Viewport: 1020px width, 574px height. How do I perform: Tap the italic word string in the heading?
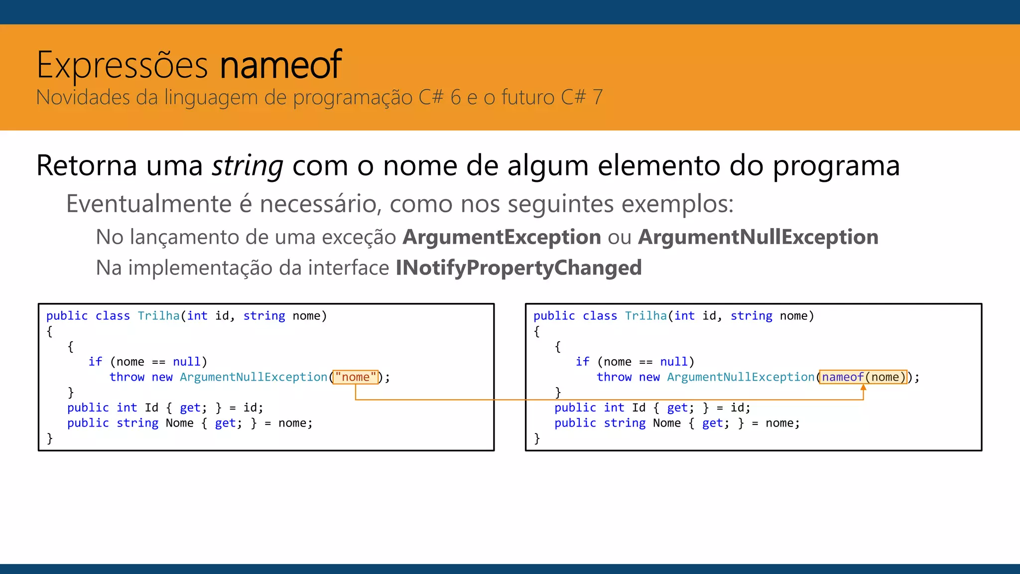[x=248, y=166]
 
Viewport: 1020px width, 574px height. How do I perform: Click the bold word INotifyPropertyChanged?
[x=518, y=268]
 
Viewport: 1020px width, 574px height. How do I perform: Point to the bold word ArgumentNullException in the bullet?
[x=758, y=237]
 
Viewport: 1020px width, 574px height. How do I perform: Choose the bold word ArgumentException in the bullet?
[x=502, y=237]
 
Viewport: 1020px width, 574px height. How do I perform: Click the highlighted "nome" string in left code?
[x=356, y=377]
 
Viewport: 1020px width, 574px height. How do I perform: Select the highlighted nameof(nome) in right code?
[x=863, y=377]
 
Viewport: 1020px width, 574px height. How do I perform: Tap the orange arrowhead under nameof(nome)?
[x=863, y=387]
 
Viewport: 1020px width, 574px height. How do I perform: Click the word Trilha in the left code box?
[x=158, y=316]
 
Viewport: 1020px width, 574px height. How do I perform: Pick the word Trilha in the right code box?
[x=645, y=316]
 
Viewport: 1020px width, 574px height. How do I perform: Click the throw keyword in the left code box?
[x=127, y=377]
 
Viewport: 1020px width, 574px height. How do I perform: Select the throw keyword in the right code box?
[x=614, y=377]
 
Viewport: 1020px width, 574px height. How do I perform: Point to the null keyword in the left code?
[x=187, y=362]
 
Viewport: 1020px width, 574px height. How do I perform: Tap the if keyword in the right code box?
[x=582, y=362]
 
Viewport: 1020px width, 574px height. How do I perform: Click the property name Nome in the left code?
[x=179, y=423]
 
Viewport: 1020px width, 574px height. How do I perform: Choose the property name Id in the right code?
[x=638, y=408]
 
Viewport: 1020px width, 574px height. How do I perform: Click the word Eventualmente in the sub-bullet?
[x=149, y=204]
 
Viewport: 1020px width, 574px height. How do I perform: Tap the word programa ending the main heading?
[x=836, y=166]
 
